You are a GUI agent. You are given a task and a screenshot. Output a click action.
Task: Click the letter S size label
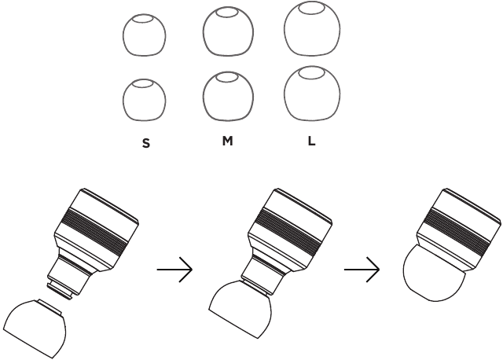(x=145, y=145)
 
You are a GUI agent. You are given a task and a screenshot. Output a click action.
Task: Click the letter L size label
(x=312, y=144)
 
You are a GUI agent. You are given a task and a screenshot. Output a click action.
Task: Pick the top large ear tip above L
(x=313, y=31)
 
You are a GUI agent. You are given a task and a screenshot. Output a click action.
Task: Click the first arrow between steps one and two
(x=175, y=270)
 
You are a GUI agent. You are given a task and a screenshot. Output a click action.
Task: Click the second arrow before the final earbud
(x=362, y=270)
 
